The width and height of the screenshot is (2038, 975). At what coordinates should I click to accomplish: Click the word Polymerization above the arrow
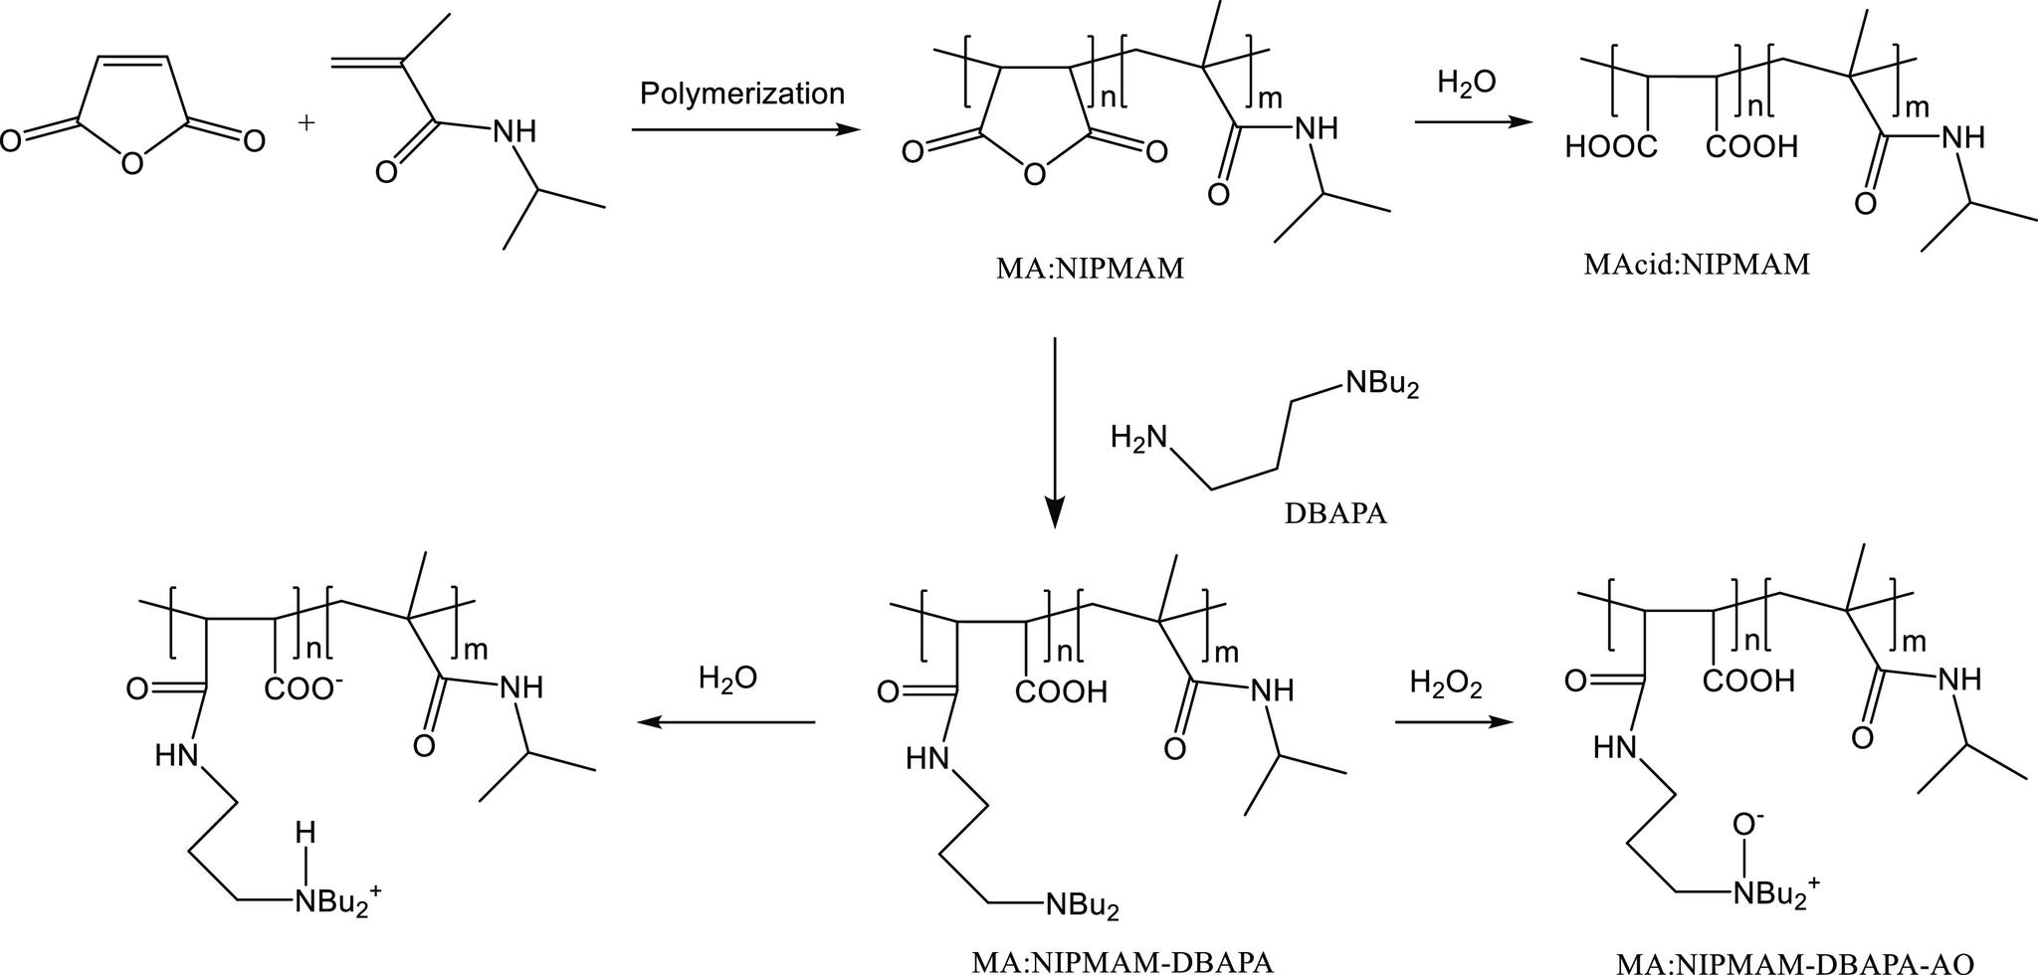[x=741, y=94]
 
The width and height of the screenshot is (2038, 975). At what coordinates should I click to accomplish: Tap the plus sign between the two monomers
[x=306, y=123]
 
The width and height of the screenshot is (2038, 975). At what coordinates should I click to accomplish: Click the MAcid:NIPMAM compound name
[x=1697, y=265]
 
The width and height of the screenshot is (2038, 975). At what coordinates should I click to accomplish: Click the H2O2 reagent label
[x=1445, y=683]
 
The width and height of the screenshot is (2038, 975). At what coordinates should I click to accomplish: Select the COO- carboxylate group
[x=304, y=688]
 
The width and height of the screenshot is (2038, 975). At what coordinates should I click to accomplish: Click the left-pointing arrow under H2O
[x=726, y=722]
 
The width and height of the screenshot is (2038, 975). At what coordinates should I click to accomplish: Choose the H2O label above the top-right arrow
[x=1466, y=84]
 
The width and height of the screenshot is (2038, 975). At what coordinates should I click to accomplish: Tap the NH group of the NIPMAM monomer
[x=513, y=130]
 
